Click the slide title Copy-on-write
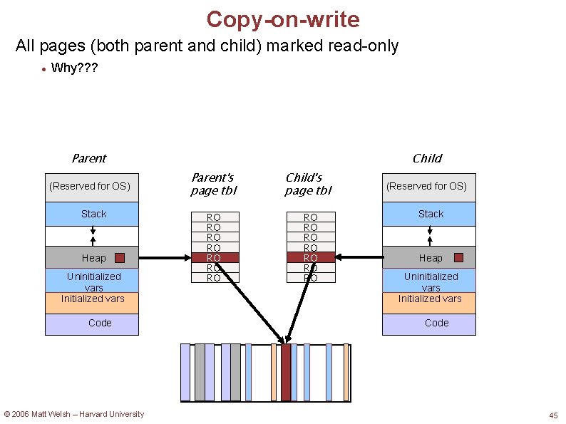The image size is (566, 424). coord(283,19)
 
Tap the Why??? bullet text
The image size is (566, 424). coord(74,69)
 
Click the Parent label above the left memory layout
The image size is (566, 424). coord(88,158)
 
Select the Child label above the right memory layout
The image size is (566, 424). coord(427,158)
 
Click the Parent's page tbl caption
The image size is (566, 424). coord(213,184)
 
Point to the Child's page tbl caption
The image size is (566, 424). coord(308,184)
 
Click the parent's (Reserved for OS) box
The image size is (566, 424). coord(91,187)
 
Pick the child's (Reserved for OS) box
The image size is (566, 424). coord(428,187)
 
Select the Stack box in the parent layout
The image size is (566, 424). coord(91,214)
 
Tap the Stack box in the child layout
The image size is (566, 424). coord(428,214)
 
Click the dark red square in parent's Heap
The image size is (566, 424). coord(120,258)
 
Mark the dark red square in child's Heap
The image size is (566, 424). coord(458,258)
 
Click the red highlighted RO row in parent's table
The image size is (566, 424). coord(213,257)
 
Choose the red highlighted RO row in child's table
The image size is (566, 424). coord(311,257)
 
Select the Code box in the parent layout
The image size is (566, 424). coord(91,324)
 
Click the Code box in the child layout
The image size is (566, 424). coord(428,324)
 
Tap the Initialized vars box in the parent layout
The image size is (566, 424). coord(91,300)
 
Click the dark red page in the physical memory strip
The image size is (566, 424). coord(286,373)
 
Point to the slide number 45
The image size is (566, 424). coord(553,415)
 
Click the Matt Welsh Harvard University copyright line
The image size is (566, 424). coord(74,414)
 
